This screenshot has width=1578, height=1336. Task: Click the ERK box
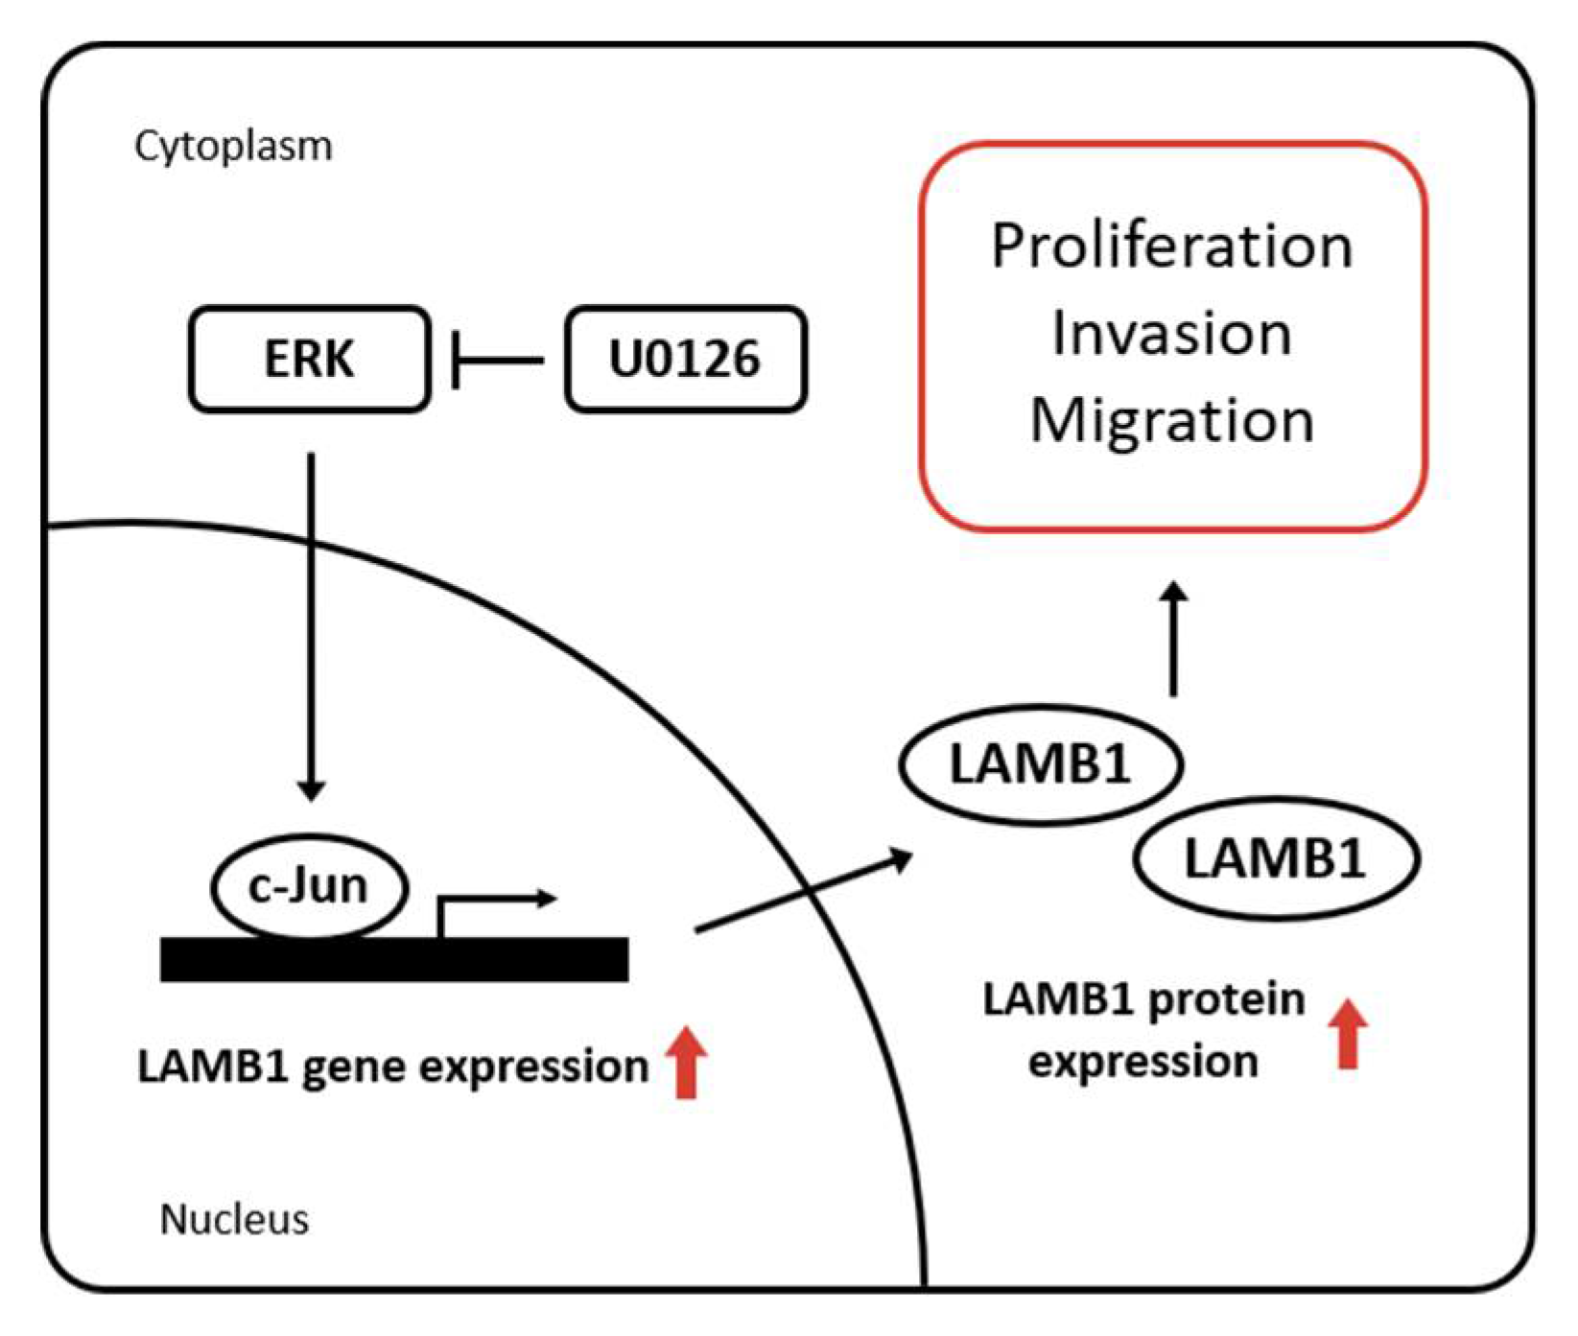(309, 360)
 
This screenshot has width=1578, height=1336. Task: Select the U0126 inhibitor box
(685, 360)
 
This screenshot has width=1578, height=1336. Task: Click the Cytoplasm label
(233, 147)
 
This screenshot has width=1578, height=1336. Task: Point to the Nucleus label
(234, 1220)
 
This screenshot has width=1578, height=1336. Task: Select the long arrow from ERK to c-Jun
(310, 623)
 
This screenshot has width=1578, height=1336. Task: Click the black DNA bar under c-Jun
(393, 959)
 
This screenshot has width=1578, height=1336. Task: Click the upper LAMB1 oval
(1040, 764)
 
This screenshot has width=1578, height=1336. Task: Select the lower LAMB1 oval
(1275, 857)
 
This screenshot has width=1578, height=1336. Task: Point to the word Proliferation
(1171, 247)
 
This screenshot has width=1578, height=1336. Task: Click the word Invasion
(1171, 334)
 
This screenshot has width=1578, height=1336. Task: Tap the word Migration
(1171, 420)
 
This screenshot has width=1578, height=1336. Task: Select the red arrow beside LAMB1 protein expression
(1348, 1032)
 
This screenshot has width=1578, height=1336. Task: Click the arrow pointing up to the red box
(1173, 638)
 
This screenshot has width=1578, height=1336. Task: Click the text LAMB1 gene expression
(393, 1066)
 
